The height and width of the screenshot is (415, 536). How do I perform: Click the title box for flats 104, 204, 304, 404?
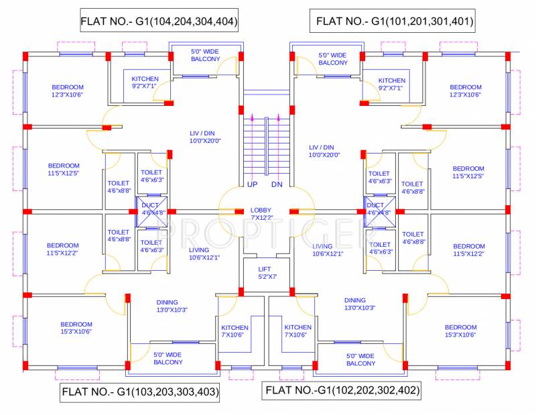[159, 21]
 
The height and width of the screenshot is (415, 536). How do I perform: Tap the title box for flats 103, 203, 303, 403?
[140, 392]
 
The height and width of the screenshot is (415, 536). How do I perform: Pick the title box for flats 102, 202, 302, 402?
[342, 390]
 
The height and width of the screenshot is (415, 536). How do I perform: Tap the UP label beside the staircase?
[253, 184]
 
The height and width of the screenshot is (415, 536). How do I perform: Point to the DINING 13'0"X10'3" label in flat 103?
[167, 306]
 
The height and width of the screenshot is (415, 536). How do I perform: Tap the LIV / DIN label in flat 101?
[324, 151]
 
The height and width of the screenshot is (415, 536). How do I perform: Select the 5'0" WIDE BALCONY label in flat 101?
[333, 59]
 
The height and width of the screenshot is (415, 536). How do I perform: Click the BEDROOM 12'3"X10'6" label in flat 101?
[466, 91]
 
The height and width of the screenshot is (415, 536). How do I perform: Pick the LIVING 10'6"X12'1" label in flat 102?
[328, 250]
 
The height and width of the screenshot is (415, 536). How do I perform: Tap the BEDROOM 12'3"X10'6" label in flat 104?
[68, 91]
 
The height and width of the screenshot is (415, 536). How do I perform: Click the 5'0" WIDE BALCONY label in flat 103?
[167, 359]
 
